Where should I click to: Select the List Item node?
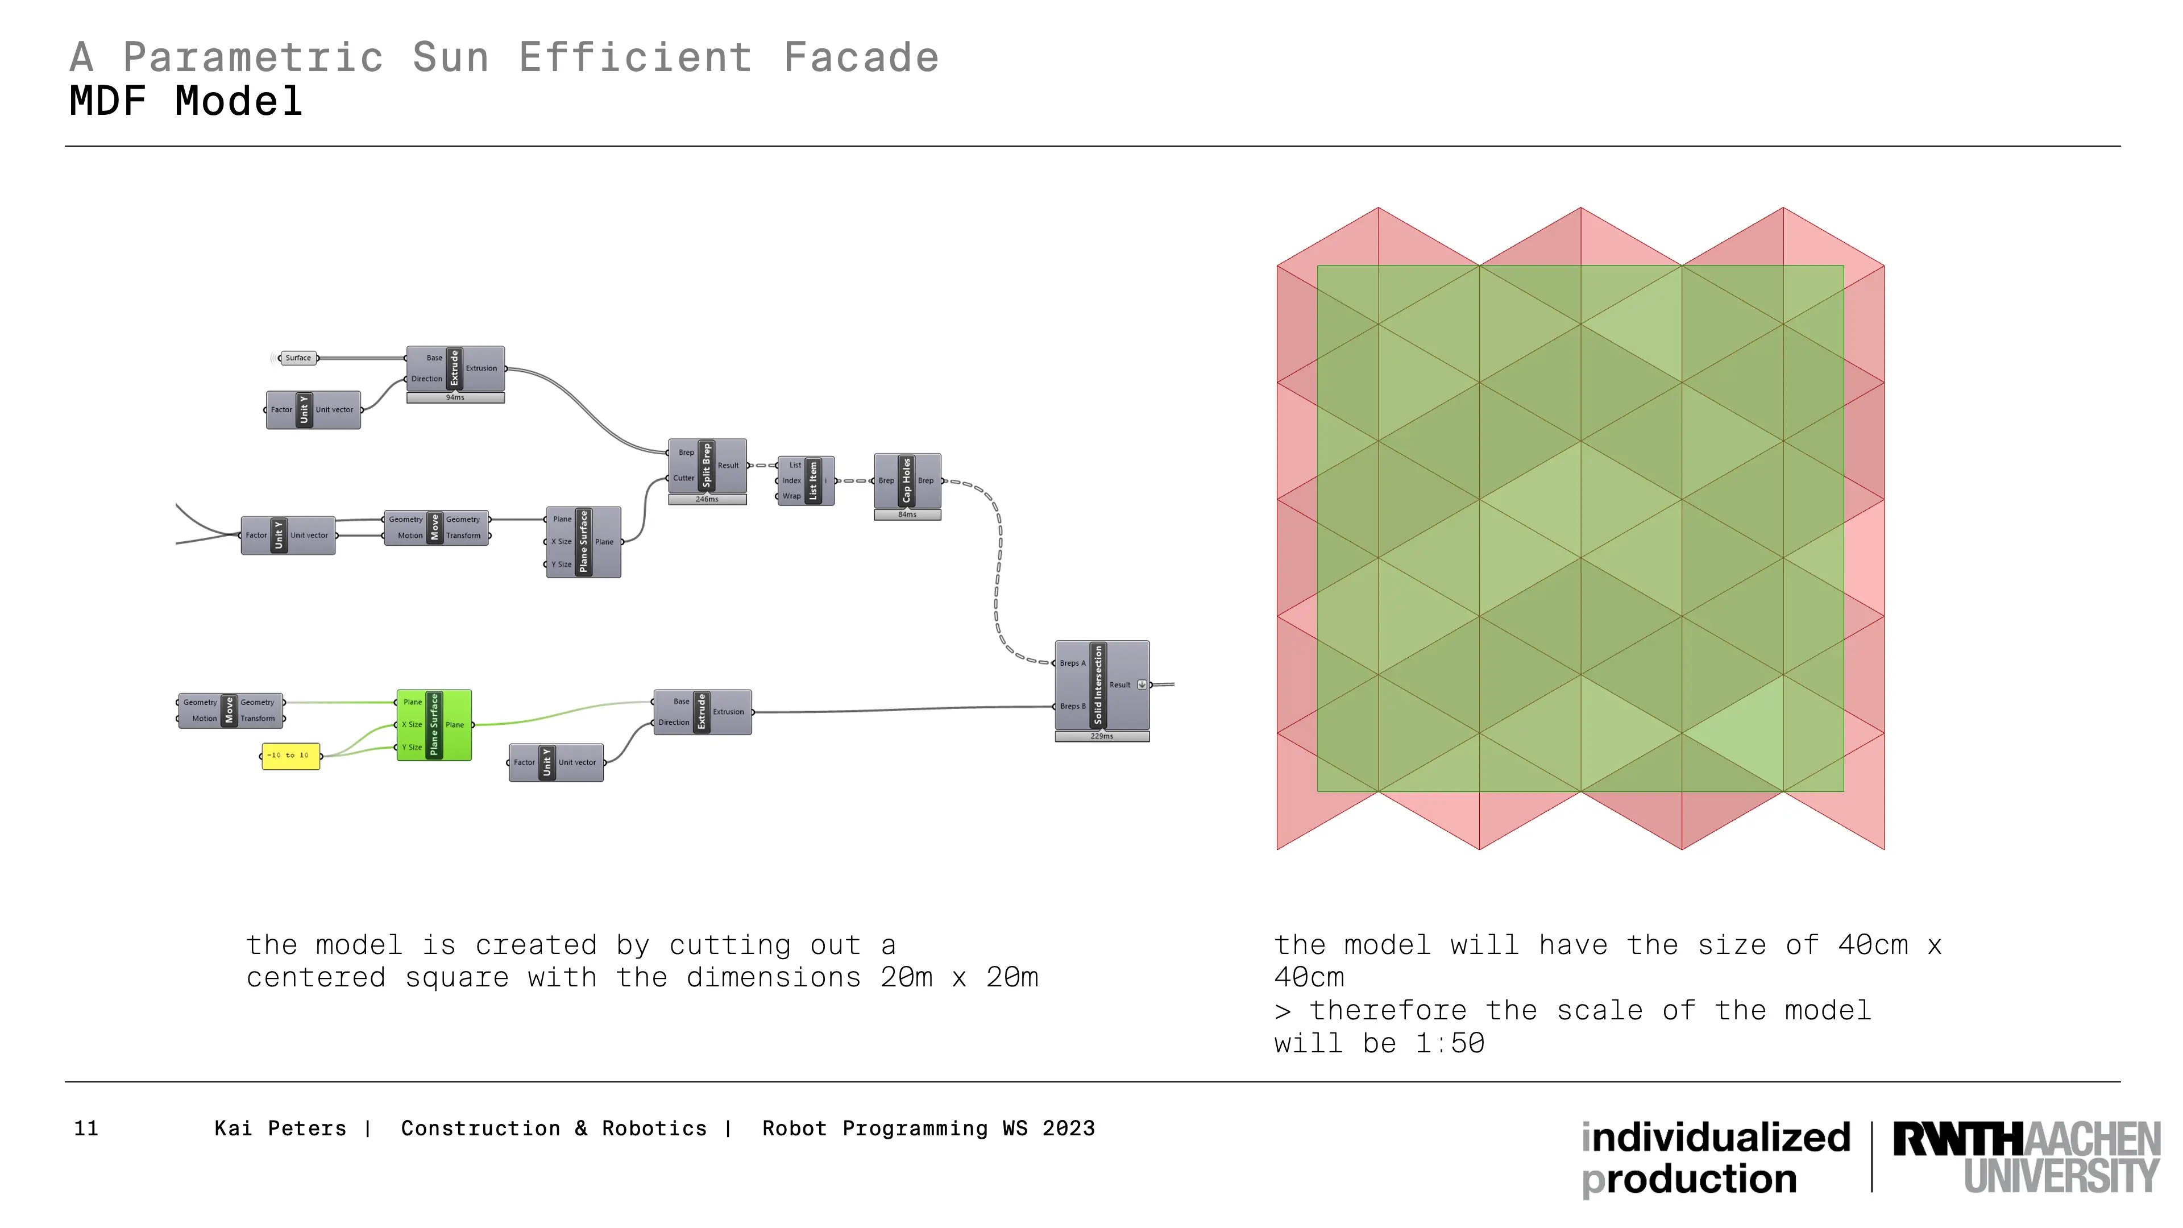(x=806, y=480)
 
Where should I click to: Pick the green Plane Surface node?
(x=434, y=725)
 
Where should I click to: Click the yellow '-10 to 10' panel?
(x=290, y=755)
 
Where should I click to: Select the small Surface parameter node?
(x=297, y=358)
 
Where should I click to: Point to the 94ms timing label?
(x=455, y=397)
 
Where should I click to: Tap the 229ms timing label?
(x=1102, y=736)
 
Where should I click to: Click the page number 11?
(x=86, y=1129)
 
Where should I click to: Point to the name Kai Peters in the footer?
(x=280, y=1129)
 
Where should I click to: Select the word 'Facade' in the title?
(x=861, y=57)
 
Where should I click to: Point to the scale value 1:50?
(x=1450, y=1043)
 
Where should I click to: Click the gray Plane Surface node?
(x=583, y=542)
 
